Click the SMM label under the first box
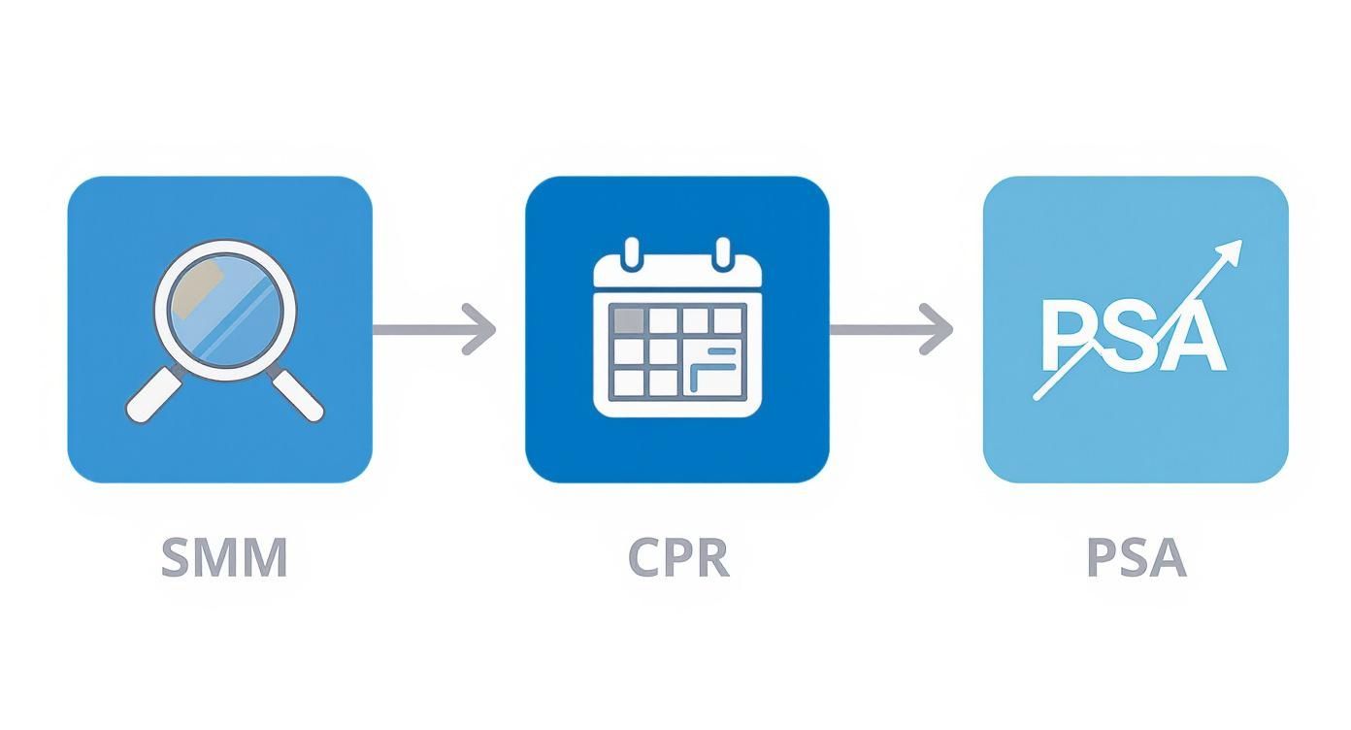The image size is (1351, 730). pyautogui.click(x=224, y=557)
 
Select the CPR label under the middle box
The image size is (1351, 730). pyautogui.click(x=677, y=557)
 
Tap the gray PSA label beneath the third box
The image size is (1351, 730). pyautogui.click(x=1136, y=557)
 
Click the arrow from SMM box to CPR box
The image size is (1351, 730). pyautogui.click(x=435, y=329)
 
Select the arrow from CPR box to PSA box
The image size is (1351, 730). pyautogui.click(x=891, y=329)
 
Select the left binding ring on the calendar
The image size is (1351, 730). pyautogui.click(x=633, y=252)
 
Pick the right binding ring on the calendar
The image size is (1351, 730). pyautogui.click(x=722, y=252)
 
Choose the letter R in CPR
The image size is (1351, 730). pyautogui.click(x=711, y=557)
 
